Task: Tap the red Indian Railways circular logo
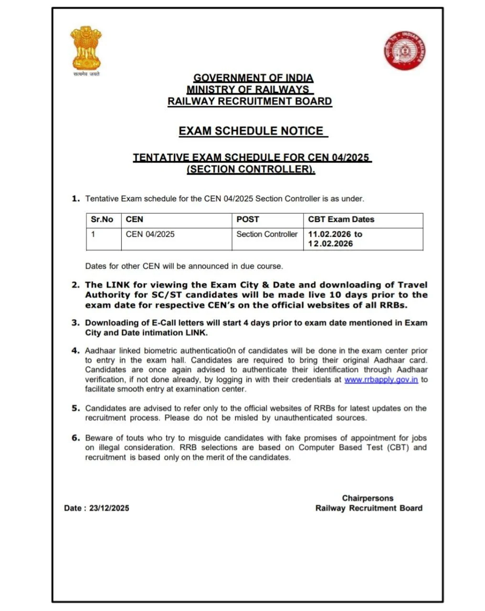click(x=404, y=50)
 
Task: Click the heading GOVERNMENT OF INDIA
click(x=253, y=78)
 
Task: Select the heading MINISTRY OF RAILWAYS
click(x=249, y=89)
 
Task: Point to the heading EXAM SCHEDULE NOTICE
click(x=252, y=131)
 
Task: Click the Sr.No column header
click(x=102, y=220)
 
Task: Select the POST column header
click(x=248, y=220)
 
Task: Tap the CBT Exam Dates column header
click(x=341, y=220)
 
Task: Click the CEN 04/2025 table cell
click(x=150, y=234)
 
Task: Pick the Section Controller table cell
click(x=267, y=234)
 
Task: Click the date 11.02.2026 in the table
click(x=329, y=234)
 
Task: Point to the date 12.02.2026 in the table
click(x=330, y=244)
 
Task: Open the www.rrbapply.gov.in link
click(x=381, y=379)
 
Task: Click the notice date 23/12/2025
click(x=109, y=508)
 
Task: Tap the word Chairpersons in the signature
click(x=368, y=498)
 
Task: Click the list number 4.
click(x=75, y=350)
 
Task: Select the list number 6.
click(x=75, y=438)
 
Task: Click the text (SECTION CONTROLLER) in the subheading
click(x=251, y=169)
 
